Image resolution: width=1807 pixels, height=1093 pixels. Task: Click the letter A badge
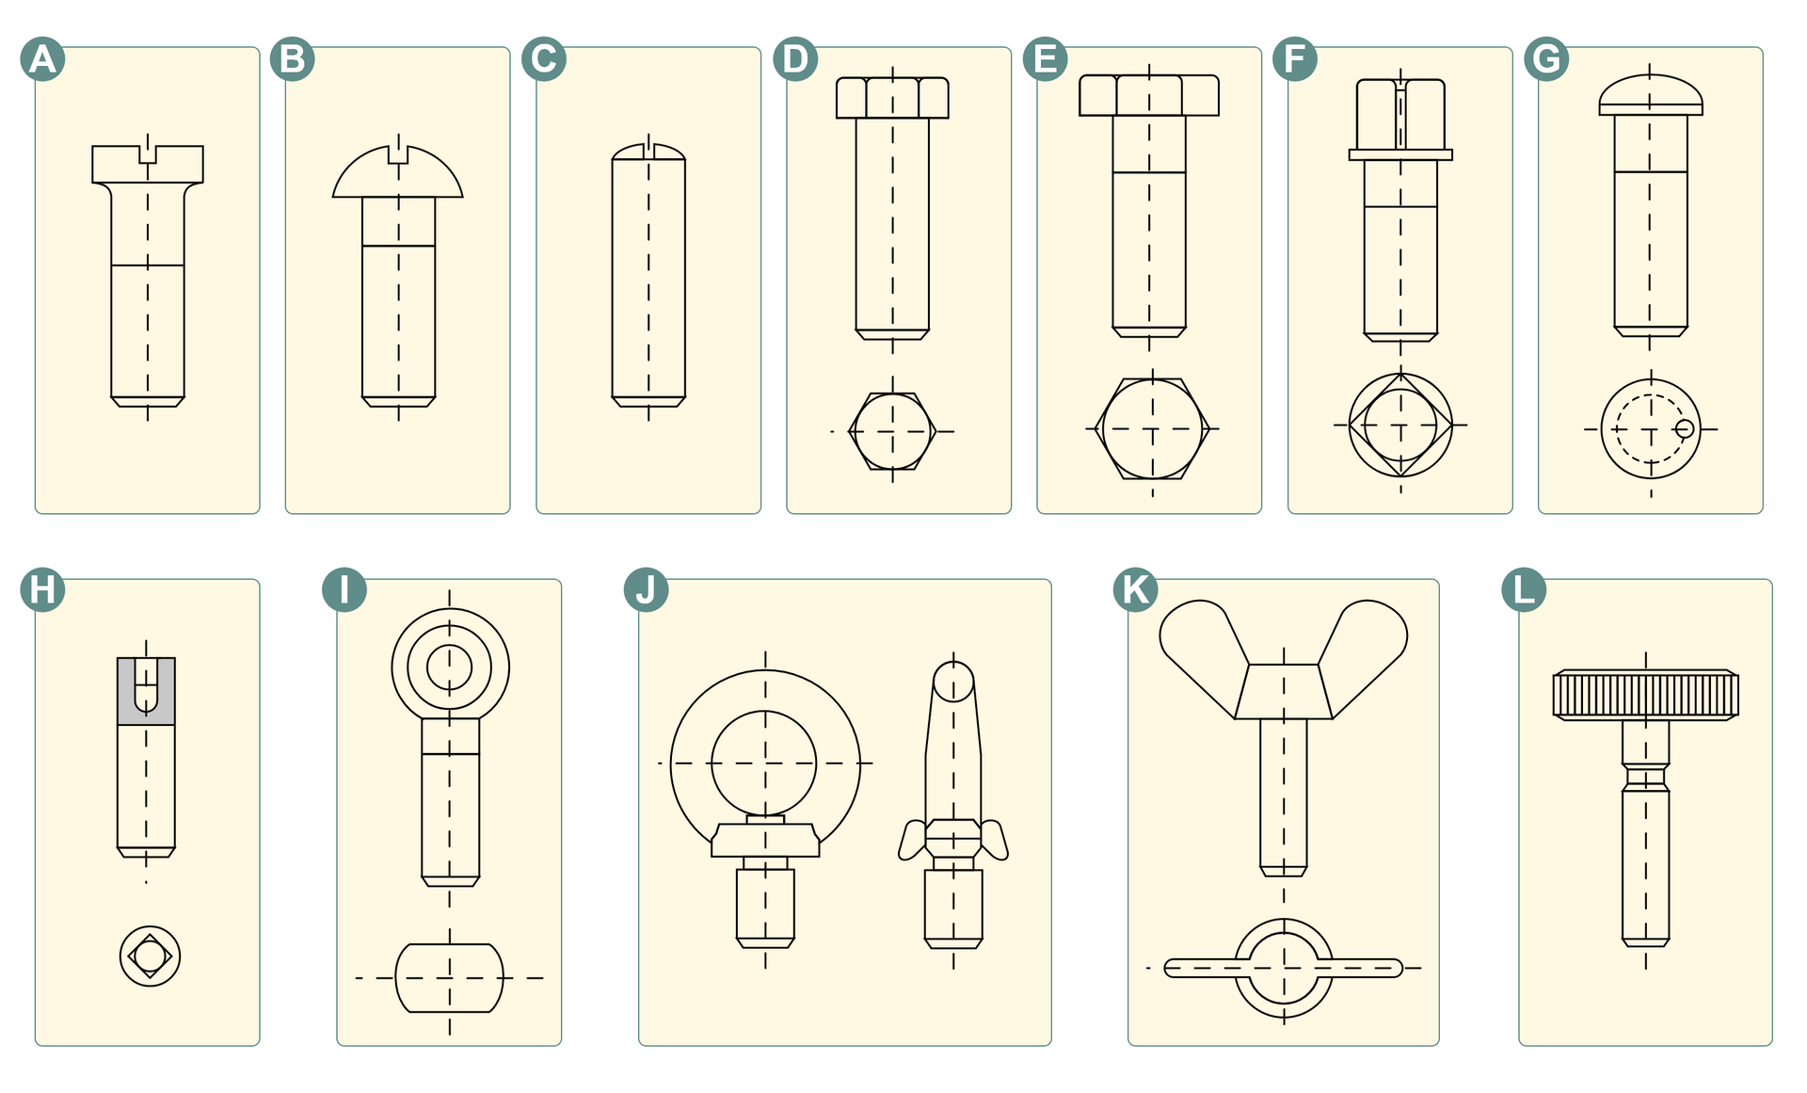42,59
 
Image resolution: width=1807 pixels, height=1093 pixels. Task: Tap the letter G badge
1546,59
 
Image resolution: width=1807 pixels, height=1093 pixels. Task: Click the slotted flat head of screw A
148,164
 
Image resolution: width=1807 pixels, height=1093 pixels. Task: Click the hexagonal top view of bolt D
892,431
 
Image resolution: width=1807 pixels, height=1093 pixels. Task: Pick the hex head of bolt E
1149,95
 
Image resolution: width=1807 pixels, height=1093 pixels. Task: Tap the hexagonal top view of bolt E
1152,428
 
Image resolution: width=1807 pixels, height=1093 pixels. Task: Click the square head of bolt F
1400,114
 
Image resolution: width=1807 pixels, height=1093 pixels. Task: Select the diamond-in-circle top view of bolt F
1400,426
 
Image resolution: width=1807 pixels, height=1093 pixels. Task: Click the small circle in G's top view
1685,429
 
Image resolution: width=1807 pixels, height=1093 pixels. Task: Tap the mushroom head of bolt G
1651,95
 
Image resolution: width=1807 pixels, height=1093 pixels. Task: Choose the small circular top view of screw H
150,956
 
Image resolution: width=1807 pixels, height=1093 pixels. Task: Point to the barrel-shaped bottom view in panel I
449,978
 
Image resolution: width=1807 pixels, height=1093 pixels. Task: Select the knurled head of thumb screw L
1646,695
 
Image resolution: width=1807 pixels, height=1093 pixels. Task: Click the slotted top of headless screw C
648,152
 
